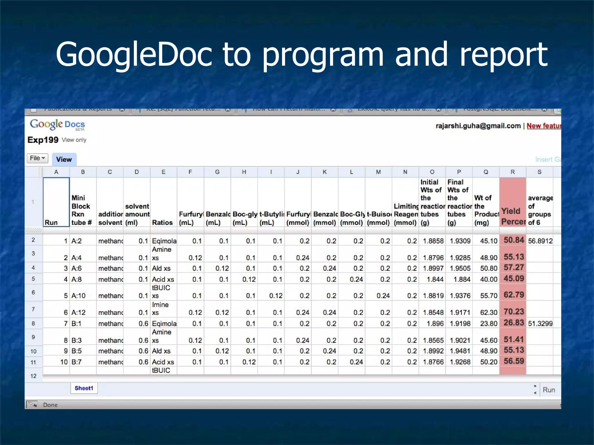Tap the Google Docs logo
pos(57,125)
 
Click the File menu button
pos(37,158)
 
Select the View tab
pos(64,159)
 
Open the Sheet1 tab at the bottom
pos(84,388)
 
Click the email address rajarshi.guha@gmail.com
pos(478,126)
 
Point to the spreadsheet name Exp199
pos(43,140)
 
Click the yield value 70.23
pos(514,312)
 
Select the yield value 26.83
pos(514,323)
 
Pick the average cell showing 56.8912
pos(540,241)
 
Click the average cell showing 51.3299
pos(540,324)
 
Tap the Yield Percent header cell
pos(513,216)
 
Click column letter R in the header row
pos(512,172)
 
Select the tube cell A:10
pos(79,296)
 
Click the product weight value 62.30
pos(489,313)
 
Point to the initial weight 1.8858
pos(433,241)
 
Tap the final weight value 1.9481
pos(460,351)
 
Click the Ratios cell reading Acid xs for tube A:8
pos(163,280)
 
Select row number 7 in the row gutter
pos(33,309)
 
